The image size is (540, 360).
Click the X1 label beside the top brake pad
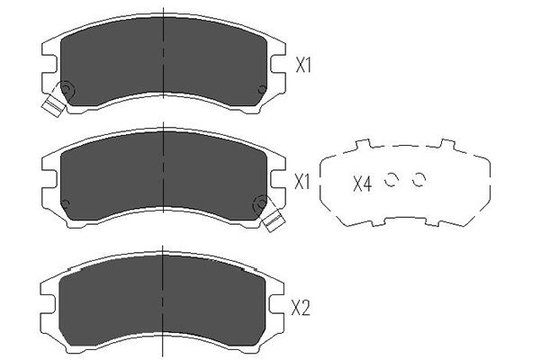click(303, 65)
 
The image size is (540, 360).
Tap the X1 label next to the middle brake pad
click(302, 182)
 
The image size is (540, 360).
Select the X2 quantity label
click(301, 308)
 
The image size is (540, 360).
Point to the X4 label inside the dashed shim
click(363, 184)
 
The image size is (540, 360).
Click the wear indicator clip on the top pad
click(53, 104)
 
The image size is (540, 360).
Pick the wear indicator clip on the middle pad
click(274, 220)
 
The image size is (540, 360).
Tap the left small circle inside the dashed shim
click(391, 179)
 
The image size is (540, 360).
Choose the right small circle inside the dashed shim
click(419, 179)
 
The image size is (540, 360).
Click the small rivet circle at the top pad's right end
click(262, 90)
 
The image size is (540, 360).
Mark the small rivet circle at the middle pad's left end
click(65, 203)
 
